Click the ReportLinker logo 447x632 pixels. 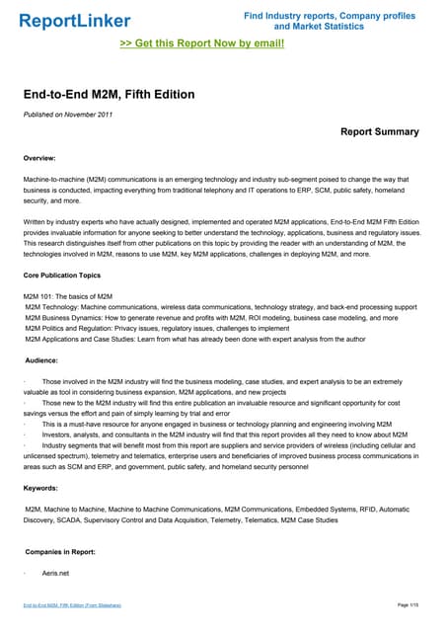click(67, 20)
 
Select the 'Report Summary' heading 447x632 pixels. click(380, 131)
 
